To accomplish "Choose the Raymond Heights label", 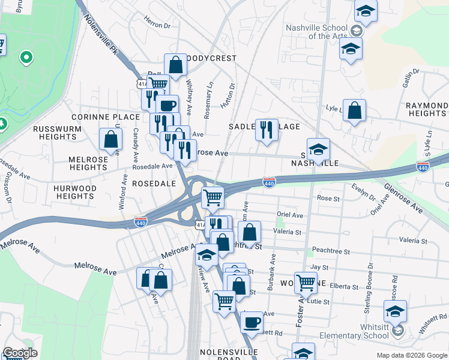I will pyautogui.click(x=426, y=109).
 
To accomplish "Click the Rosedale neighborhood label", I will pyautogui.click(x=154, y=182).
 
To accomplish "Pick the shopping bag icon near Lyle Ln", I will pyautogui.click(x=355, y=110).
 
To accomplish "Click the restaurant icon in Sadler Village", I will pyautogui.click(x=267, y=130).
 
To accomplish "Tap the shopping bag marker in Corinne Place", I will pyautogui.click(x=111, y=139).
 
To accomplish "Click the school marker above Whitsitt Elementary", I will pyautogui.click(x=395, y=311).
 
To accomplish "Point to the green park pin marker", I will pyautogui.click(x=26, y=58).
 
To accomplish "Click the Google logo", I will pyautogui.click(x=20, y=353).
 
